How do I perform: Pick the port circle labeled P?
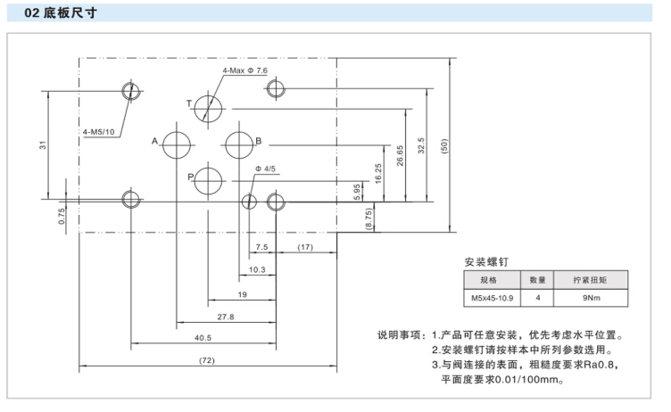(211, 178)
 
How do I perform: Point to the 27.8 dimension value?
(225, 316)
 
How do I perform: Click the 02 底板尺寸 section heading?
(62, 14)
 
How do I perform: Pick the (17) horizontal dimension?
(305, 247)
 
